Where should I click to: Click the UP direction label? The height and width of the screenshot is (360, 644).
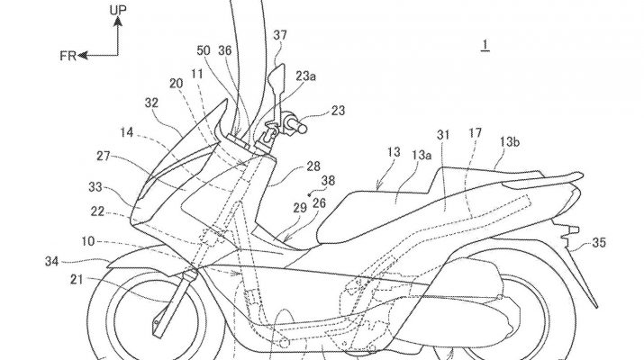click(x=118, y=11)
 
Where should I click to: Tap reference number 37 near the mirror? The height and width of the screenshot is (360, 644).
click(x=281, y=36)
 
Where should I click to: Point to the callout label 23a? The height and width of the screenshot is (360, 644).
click(x=308, y=76)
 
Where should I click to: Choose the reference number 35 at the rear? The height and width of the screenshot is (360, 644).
click(x=598, y=242)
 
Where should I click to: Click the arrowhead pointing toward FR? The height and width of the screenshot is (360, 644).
click(x=81, y=55)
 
